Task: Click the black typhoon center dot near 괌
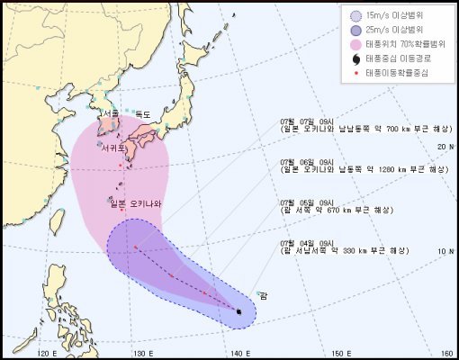239,311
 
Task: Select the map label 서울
111,114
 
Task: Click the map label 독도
143,114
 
